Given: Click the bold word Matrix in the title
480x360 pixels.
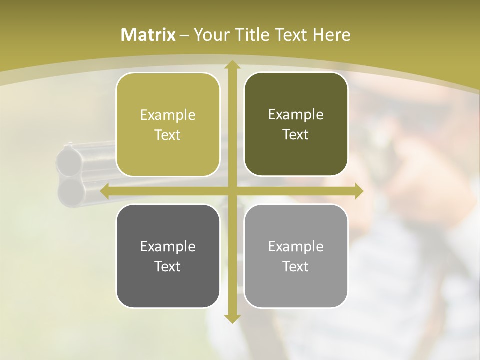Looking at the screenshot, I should pyautogui.click(x=148, y=35).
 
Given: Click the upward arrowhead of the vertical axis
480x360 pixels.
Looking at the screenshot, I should pyautogui.click(x=232, y=65).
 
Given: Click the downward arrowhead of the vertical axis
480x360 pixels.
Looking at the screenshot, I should pyautogui.click(x=232, y=318).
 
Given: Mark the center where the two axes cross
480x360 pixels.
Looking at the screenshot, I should pyautogui.click(x=232, y=191).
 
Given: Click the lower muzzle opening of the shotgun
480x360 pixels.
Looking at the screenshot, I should pyautogui.click(x=69, y=190).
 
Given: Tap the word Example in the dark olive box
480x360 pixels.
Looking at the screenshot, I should pyautogui.click(x=296, y=114).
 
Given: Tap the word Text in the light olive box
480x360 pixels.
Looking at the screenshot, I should pyautogui.click(x=168, y=135).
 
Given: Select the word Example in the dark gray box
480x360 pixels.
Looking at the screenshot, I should pyautogui.click(x=168, y=246).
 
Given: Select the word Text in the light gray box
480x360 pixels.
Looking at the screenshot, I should pyautogui.click(x=296, y=266).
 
